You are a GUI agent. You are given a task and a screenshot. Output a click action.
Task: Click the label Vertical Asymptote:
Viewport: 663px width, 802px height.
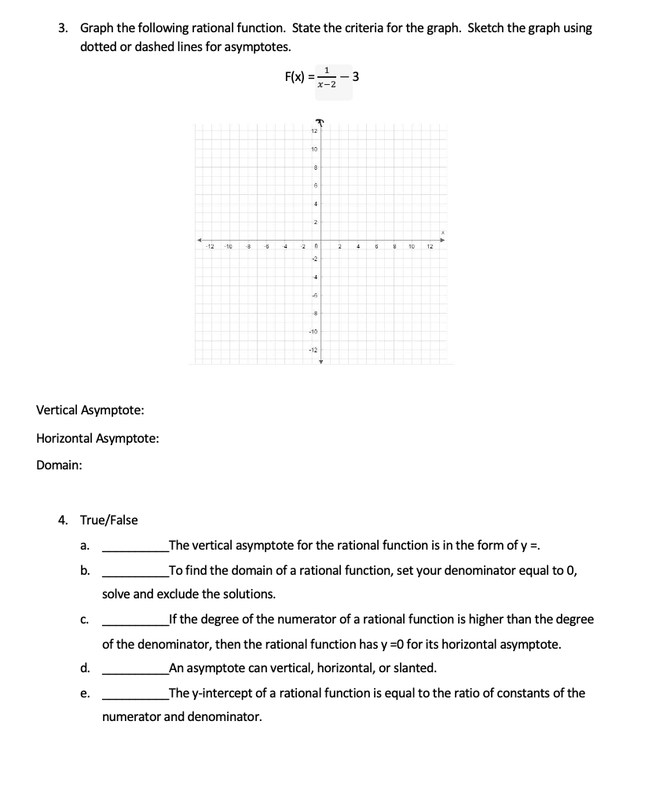pyautogui.click(x=90, y=410)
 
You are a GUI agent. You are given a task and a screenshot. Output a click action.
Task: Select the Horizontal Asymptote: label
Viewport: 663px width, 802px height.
pyautogui.click(x=97, y=438)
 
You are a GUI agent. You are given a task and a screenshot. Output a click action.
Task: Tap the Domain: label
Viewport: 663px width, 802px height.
pyautogui.click(x=59, y=465)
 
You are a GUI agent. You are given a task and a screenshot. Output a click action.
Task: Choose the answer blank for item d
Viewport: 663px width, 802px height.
pyautogui.click(x=134, y=669)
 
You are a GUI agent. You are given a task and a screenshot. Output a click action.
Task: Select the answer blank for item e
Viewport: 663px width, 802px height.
pyautogui.click(x=134, y=694)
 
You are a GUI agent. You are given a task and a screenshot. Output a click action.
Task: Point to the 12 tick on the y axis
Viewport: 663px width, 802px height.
pyautogui.click(x=313, y=131)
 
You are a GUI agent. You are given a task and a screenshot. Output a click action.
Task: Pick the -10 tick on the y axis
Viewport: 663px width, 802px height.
pyautogui.click(x=313, y=331)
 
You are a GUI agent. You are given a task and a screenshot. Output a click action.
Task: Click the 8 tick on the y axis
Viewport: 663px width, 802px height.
pyautogui.click(x=314, y=167)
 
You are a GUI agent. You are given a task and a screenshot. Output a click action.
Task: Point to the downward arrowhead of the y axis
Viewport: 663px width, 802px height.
pyautogui.click(x=321, y=362)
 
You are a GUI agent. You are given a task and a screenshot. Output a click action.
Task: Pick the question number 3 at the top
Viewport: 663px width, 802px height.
pyautogui.click(x=63, y=28)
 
